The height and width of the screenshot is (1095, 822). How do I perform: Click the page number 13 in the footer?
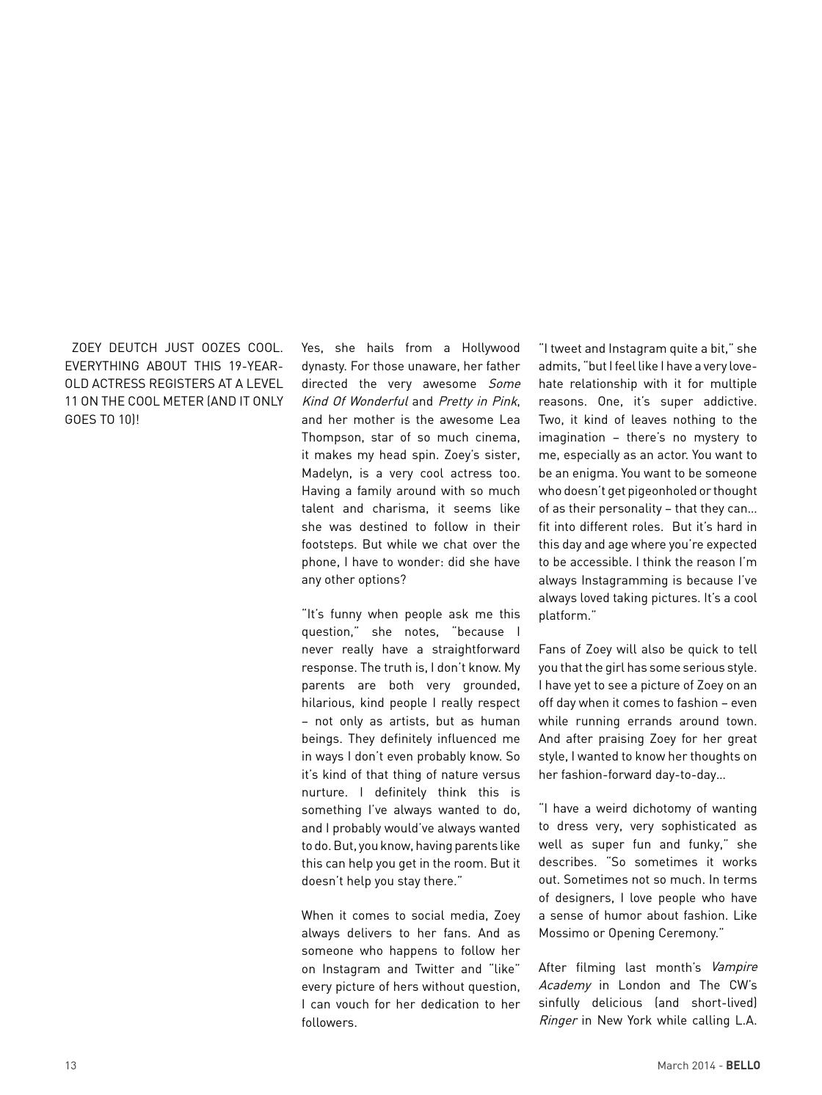70,1066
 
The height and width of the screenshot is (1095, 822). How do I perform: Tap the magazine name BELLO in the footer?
743,1066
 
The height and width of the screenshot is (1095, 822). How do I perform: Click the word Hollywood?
490,348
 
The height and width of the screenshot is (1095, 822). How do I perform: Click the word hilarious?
327,703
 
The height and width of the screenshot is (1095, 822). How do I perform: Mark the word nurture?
324,793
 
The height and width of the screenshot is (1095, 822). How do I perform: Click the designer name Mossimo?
564,934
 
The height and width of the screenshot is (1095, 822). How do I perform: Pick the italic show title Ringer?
557,1021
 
